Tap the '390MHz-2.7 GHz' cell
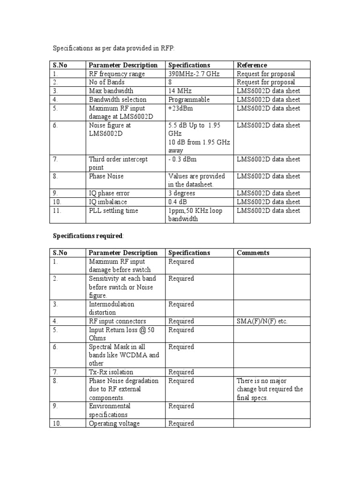pyautogui.click(x=194, y=74)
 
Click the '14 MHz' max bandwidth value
pyautogui.click(x=180, y=90)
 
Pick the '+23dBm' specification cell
pyautogui.click(x=181, y=108)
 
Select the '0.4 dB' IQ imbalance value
pyautogui.click(x=179, y=202)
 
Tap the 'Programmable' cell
pyautogui.click(x=189, y=99)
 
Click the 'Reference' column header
pyautogui.click(x=252, y=65)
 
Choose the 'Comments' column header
pyautogui.click(x=253, y=253)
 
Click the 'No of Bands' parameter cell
pyautogui.click(x=107, y=82)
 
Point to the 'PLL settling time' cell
pyautogui.click(x=113, y=210)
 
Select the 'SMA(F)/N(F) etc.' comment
pyautogui.click(x=262, y=321)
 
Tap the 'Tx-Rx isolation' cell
pyautogui.click(x=111, y=372)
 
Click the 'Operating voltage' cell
pyautogui.click(x=115, y=423)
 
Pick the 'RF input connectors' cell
pyautogui.click(x=117, y=321)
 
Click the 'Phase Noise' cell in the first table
pyautogui.click(x=106, y=176)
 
